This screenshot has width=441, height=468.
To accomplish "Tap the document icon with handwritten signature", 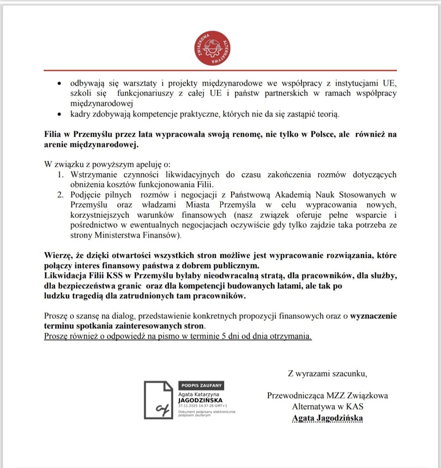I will pos(158,399).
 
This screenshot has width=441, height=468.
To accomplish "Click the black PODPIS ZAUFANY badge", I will pos(201,386).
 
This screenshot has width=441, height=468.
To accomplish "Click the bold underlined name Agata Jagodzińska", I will pos(327,418).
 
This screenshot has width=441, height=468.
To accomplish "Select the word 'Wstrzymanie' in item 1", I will pos(90,175).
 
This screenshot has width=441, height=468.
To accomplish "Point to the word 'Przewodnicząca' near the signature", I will pos(296,395).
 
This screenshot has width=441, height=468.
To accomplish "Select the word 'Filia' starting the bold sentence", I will pos(53,134).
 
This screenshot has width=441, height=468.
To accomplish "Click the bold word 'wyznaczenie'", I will pos(373,316).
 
